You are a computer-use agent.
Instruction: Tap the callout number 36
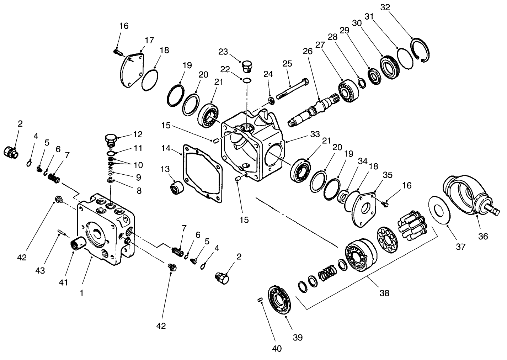[x=483, y=236]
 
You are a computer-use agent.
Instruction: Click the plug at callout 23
[x=246, y=66]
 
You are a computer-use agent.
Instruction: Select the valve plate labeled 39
[x=280, y=300]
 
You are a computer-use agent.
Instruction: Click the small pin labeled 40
[x=260, y=300]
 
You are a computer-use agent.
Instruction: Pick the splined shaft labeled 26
[x=313, y=110]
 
